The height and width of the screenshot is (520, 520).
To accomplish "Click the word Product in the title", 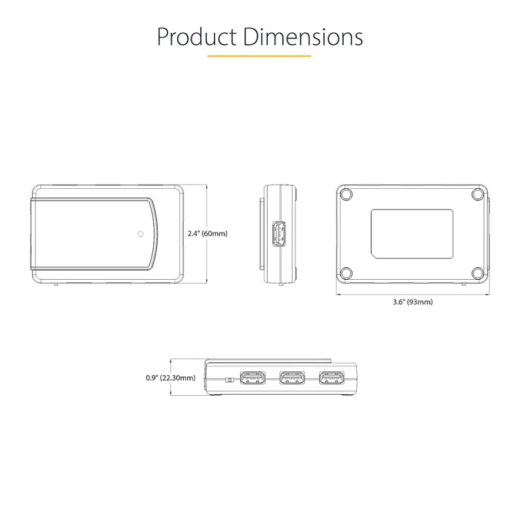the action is point(197,36).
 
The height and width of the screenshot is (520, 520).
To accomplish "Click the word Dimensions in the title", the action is point(303,36).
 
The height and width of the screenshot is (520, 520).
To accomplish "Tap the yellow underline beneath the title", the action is point(259,56).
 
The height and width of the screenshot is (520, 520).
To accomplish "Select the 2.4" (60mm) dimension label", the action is point(207,233).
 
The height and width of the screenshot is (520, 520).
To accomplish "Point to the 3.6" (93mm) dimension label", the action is point(413,302).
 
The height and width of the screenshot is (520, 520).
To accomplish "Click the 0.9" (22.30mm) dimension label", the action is point(171,378).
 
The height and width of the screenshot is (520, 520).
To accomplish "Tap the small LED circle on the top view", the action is point(140,234).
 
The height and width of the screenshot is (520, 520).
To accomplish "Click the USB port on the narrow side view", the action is point(279,234).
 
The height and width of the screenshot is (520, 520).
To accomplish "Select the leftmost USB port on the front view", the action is point(253,378).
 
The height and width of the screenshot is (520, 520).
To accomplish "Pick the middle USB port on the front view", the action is point(292,378).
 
